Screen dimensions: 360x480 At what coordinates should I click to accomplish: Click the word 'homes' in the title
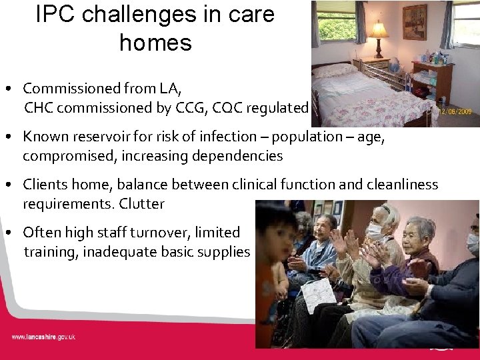(x=155, y=43)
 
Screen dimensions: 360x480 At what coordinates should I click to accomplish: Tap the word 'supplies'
(x=223, y=252)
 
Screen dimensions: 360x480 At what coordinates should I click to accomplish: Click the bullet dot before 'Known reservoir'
(x=12, y=137)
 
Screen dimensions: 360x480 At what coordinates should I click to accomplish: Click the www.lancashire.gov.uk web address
(x=43, y=337)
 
